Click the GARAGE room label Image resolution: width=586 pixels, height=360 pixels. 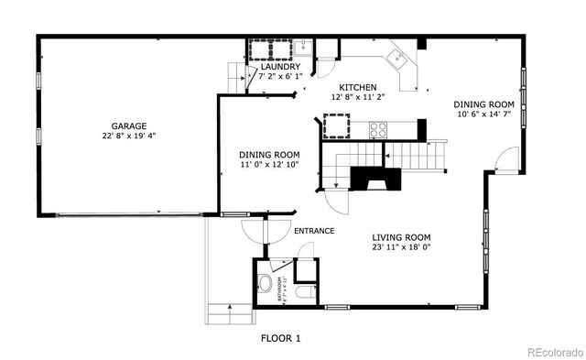pyautogui.click(x=129, y=126)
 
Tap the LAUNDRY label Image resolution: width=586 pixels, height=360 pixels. pyautogui.click(x=279, y=67)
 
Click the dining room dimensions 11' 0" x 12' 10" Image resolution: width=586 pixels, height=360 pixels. pyautogui.click(x=270, y=166)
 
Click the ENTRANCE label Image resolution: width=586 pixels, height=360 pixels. pyautogui.click(x=314, y=231)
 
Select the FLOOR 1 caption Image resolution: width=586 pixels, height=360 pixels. pyautogui.click(x=280, y=338)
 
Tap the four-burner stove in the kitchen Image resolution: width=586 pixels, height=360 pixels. pyautogui.click(x=378, y=129)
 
